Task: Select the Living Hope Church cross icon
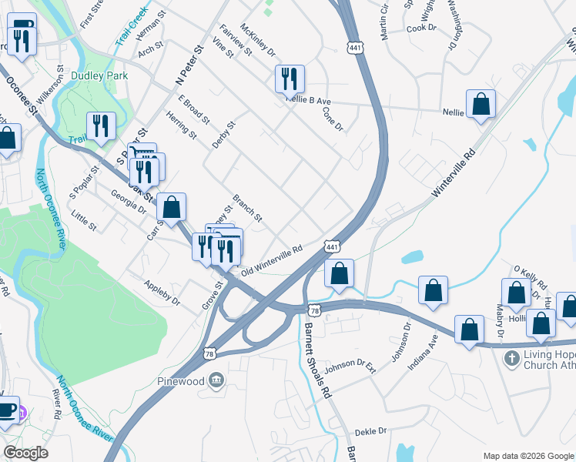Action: coord(511,359)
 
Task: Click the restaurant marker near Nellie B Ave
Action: coord(290,79)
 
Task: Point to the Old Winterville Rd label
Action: coord(270,261)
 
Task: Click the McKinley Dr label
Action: coord(258,39)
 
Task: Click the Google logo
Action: coord(25,453)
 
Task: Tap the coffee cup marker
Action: coord(7,410)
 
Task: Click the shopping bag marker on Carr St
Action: coord(171,206)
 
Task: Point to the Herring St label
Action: coord(181,126)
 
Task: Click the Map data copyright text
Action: coord(527,456)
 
